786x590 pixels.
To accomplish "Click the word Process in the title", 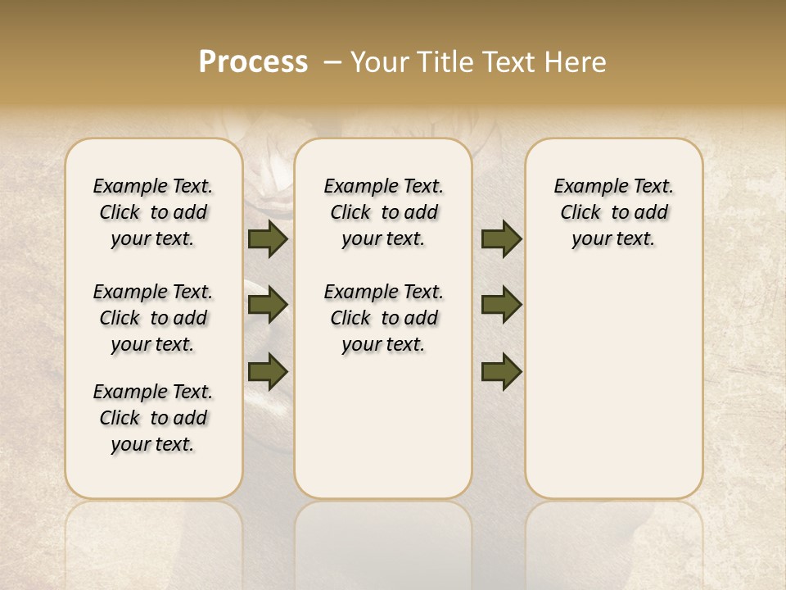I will [x=253, y=61].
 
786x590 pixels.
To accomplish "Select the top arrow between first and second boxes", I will [x=268, y=238].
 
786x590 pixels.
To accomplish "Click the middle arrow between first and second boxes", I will [x=268, y=305].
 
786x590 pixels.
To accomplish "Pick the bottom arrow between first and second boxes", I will [x=268, y=371].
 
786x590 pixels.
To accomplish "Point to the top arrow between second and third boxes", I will [x=501, y=238].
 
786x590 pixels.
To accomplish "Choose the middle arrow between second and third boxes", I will [x=501, y=305].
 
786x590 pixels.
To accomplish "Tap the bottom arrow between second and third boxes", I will [x=501, y=371].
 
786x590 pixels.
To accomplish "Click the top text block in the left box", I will [x=153, y=212].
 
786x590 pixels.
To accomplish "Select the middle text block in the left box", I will [x=153, y=318].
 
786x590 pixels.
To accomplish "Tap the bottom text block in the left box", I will [x=153, y=418].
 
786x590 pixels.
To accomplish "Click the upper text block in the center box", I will [x=383, y=212].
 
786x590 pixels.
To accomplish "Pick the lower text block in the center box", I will [x=383, y=318].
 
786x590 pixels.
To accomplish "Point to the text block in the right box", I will [x=614, y=212].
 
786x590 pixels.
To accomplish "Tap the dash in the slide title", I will [x=332, y=61].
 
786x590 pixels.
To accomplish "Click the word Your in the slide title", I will [x=377, y=61].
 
